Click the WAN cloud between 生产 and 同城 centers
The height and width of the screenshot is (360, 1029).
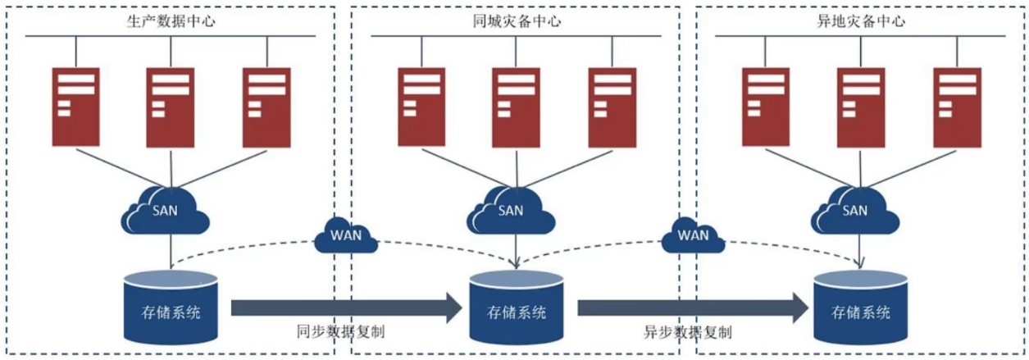(x=346, y=236)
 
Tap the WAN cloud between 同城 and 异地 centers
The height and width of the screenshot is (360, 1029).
(x=693, y=236)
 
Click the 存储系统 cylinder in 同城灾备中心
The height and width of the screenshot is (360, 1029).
(x=517, y=310)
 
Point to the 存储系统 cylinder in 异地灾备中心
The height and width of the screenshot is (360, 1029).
(x=861, y=310)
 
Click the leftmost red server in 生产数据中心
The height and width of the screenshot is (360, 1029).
(x=76, y=106)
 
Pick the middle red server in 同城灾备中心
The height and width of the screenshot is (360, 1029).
(x=516, y=106)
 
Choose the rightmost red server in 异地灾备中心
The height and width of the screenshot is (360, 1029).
(x=957, y=106)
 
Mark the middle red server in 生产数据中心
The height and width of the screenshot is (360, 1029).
(x=171, y=106)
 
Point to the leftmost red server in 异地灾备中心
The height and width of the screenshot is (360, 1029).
(x=766, y=106)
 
